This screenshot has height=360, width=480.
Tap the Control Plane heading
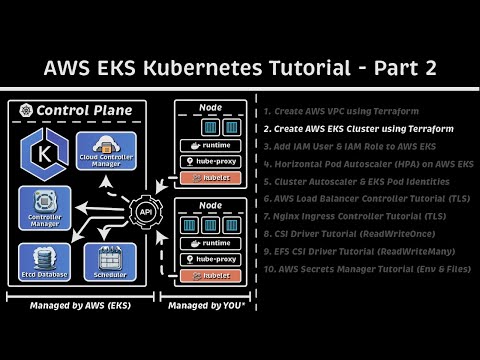[x=75, y=108]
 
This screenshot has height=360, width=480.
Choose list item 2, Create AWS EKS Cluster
[x=361, y=128]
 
